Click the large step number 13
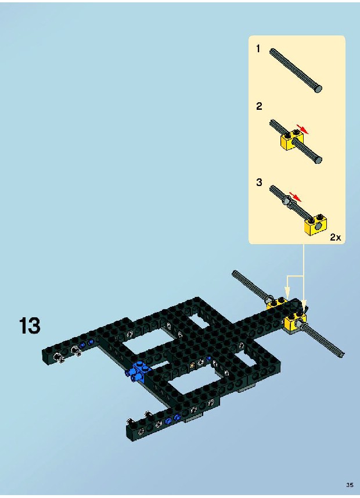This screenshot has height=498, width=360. coord(30,325)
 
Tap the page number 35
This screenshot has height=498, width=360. coord(350,485)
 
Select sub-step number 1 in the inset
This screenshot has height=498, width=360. coord(258,49)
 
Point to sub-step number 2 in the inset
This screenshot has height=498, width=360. coord(259,106)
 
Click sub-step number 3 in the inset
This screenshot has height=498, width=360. coord(259,182)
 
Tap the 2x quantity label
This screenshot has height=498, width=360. coord(335,237)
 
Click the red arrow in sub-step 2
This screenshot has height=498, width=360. coord(303,128)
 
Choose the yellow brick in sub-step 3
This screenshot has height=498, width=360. coord(316,224)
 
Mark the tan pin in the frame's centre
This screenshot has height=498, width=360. coord(192,366)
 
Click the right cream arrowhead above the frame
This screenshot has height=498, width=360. coord(304,306)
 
